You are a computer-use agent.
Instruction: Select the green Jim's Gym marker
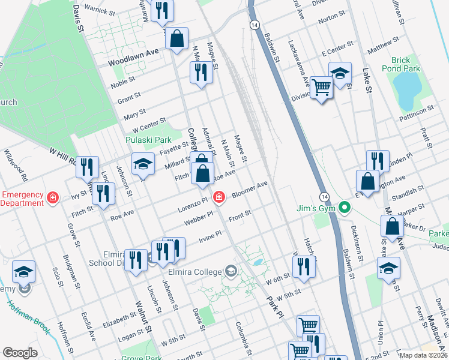pos(344,209)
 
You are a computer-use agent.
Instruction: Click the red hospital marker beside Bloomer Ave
pos(220,196)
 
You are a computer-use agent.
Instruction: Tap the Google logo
pos(20,353)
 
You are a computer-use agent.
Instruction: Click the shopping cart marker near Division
pos(322,88)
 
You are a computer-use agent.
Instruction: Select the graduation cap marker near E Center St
pos(340,74)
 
